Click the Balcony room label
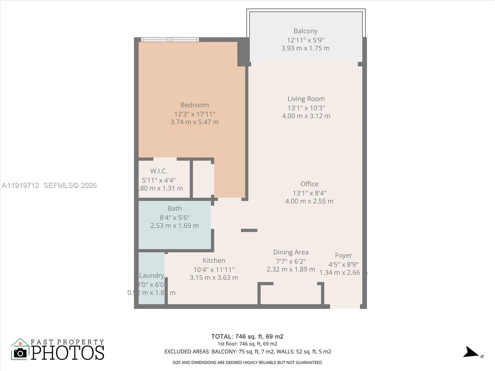click(305, 31)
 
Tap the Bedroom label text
click(195, 105)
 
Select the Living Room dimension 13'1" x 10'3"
click(306, 108)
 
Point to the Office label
click(309, 184)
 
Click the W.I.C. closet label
click(159, 171)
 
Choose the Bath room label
click(174, 208)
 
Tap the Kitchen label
click(214, 260)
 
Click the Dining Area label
click(291, 252)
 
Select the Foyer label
click(343, 255)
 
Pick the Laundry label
click(151, 275)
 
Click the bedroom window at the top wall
click(170, 39)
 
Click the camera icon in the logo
click(20, 353)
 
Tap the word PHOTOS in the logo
click(67, 353)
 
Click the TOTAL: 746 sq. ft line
click(247, 336)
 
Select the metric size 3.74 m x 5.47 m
click(195, 122)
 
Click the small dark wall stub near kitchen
click(249, 230)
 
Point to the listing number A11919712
click(20, 185)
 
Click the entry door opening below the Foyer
click(345, 306)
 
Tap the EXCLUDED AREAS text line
click(247, 352)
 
